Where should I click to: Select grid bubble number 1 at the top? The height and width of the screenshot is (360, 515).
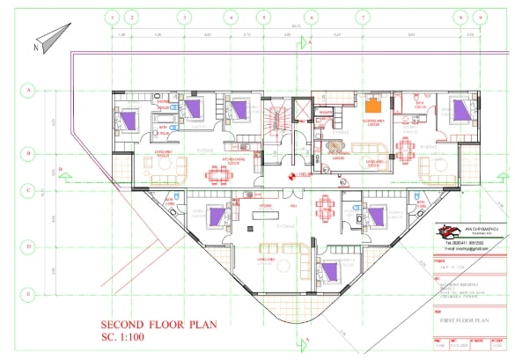[x=112, y=17]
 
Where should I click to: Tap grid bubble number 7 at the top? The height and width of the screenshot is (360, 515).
[x=362, y=17]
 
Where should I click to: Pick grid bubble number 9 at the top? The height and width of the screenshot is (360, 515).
[x=458, y=17]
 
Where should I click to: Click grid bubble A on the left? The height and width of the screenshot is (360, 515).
[x=28, y=90]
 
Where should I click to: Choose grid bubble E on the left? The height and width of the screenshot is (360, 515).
[x=28, y=293]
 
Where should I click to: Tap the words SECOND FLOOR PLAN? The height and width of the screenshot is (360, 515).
[x=158, y=323]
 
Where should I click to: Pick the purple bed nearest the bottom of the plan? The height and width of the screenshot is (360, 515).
[x=329, y=273]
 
